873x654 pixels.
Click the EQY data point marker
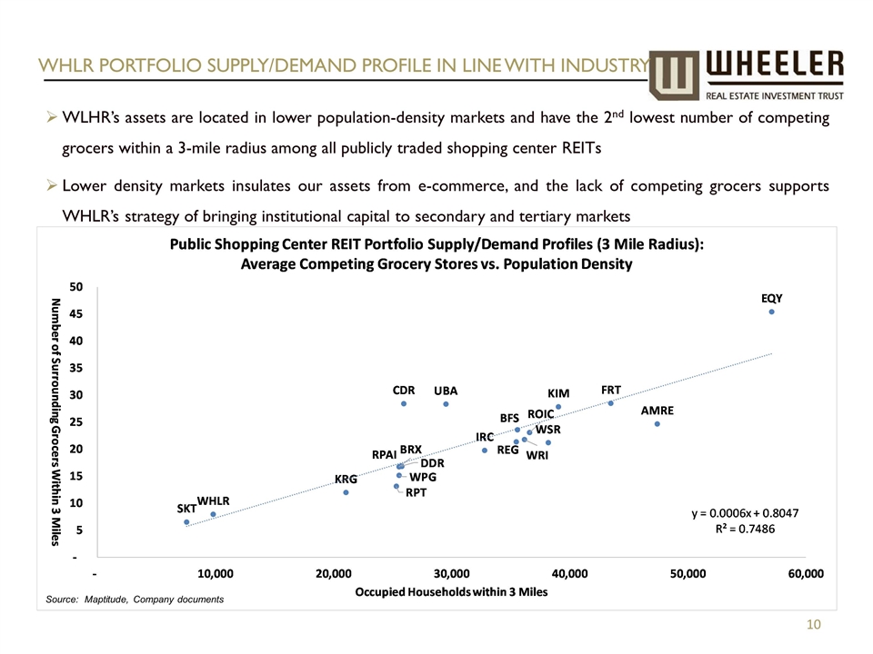tap(771, 312)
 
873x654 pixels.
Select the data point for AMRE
tap(657, 424)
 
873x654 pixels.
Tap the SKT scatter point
tap(186, 522)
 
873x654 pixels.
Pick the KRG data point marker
tap(346, 492)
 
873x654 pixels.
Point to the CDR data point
tap(404, 403)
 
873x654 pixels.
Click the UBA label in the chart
tap(446, 391)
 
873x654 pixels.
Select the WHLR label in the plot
tap(214, 500)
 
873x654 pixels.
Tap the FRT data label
tap(611, 389)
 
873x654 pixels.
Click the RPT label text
tap(416, 492)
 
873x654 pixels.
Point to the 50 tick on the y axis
tap(76, 286)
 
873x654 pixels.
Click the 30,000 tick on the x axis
tap(452, 574)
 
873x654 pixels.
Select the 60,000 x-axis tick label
tap(806, 574)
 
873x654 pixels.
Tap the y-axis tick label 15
tap(76, 475)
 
